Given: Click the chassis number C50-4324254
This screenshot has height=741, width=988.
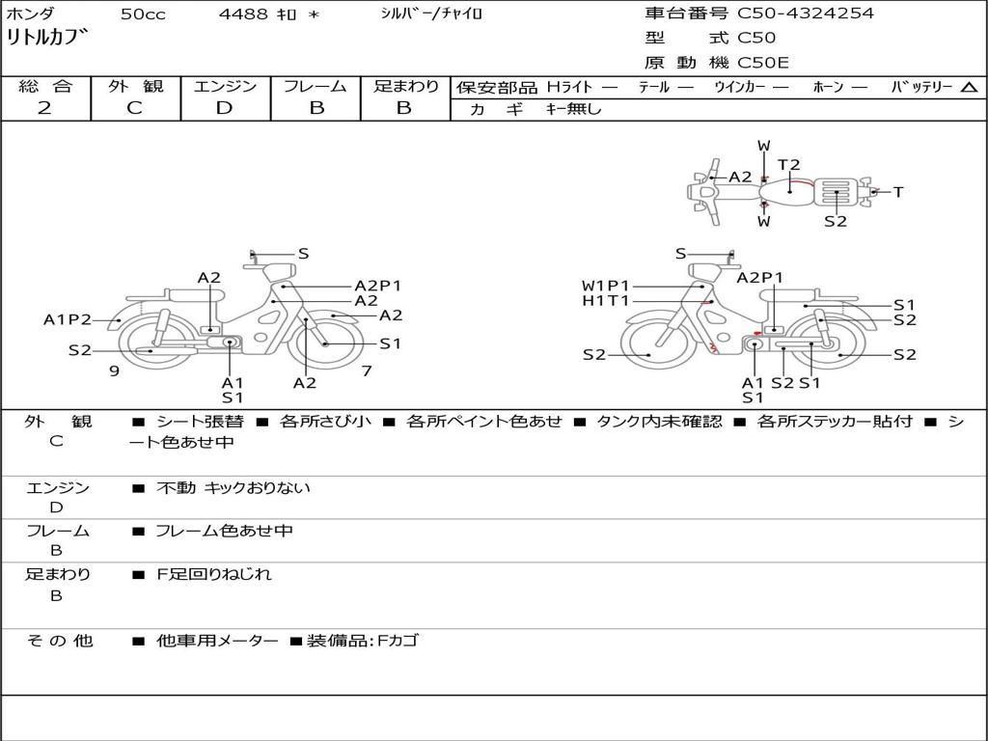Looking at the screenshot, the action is pyautogui.click(x=806, y=13).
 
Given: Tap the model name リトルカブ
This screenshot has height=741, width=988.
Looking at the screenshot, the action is pyautogui.click(x=47, y=37).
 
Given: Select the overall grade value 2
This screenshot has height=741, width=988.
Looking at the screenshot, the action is pyautogui.click(x=44, y=108).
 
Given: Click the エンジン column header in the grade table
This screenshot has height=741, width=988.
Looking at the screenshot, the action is pyautogui.click(x=225, y=86).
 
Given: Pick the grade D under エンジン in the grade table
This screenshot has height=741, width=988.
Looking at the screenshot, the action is pyautogui.click(x=224, y=108).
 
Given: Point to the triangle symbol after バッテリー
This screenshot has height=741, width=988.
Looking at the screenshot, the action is pyautogui.click(x=969, y=88).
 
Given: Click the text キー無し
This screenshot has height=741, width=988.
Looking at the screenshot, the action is pyautogui.click(x=573, y=109).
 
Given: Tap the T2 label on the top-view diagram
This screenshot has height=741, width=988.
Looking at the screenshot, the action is pyautogui.click(x=788, y=164).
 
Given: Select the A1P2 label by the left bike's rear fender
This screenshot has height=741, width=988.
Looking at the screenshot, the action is pyautogui.click(x=67, y=319).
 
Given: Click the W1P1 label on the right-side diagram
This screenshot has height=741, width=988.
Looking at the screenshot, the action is pyautogui.click(x=605, y=286).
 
